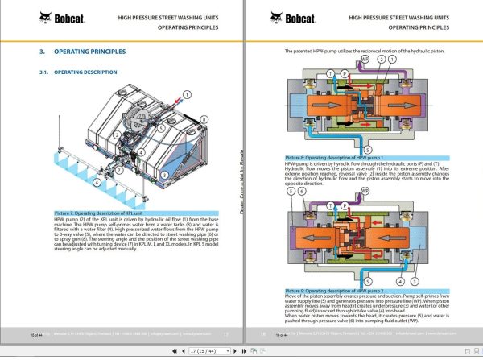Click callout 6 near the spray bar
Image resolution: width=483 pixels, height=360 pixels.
96,183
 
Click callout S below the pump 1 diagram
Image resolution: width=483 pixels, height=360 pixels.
367,150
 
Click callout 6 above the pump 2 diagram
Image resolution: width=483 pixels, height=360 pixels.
302,192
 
